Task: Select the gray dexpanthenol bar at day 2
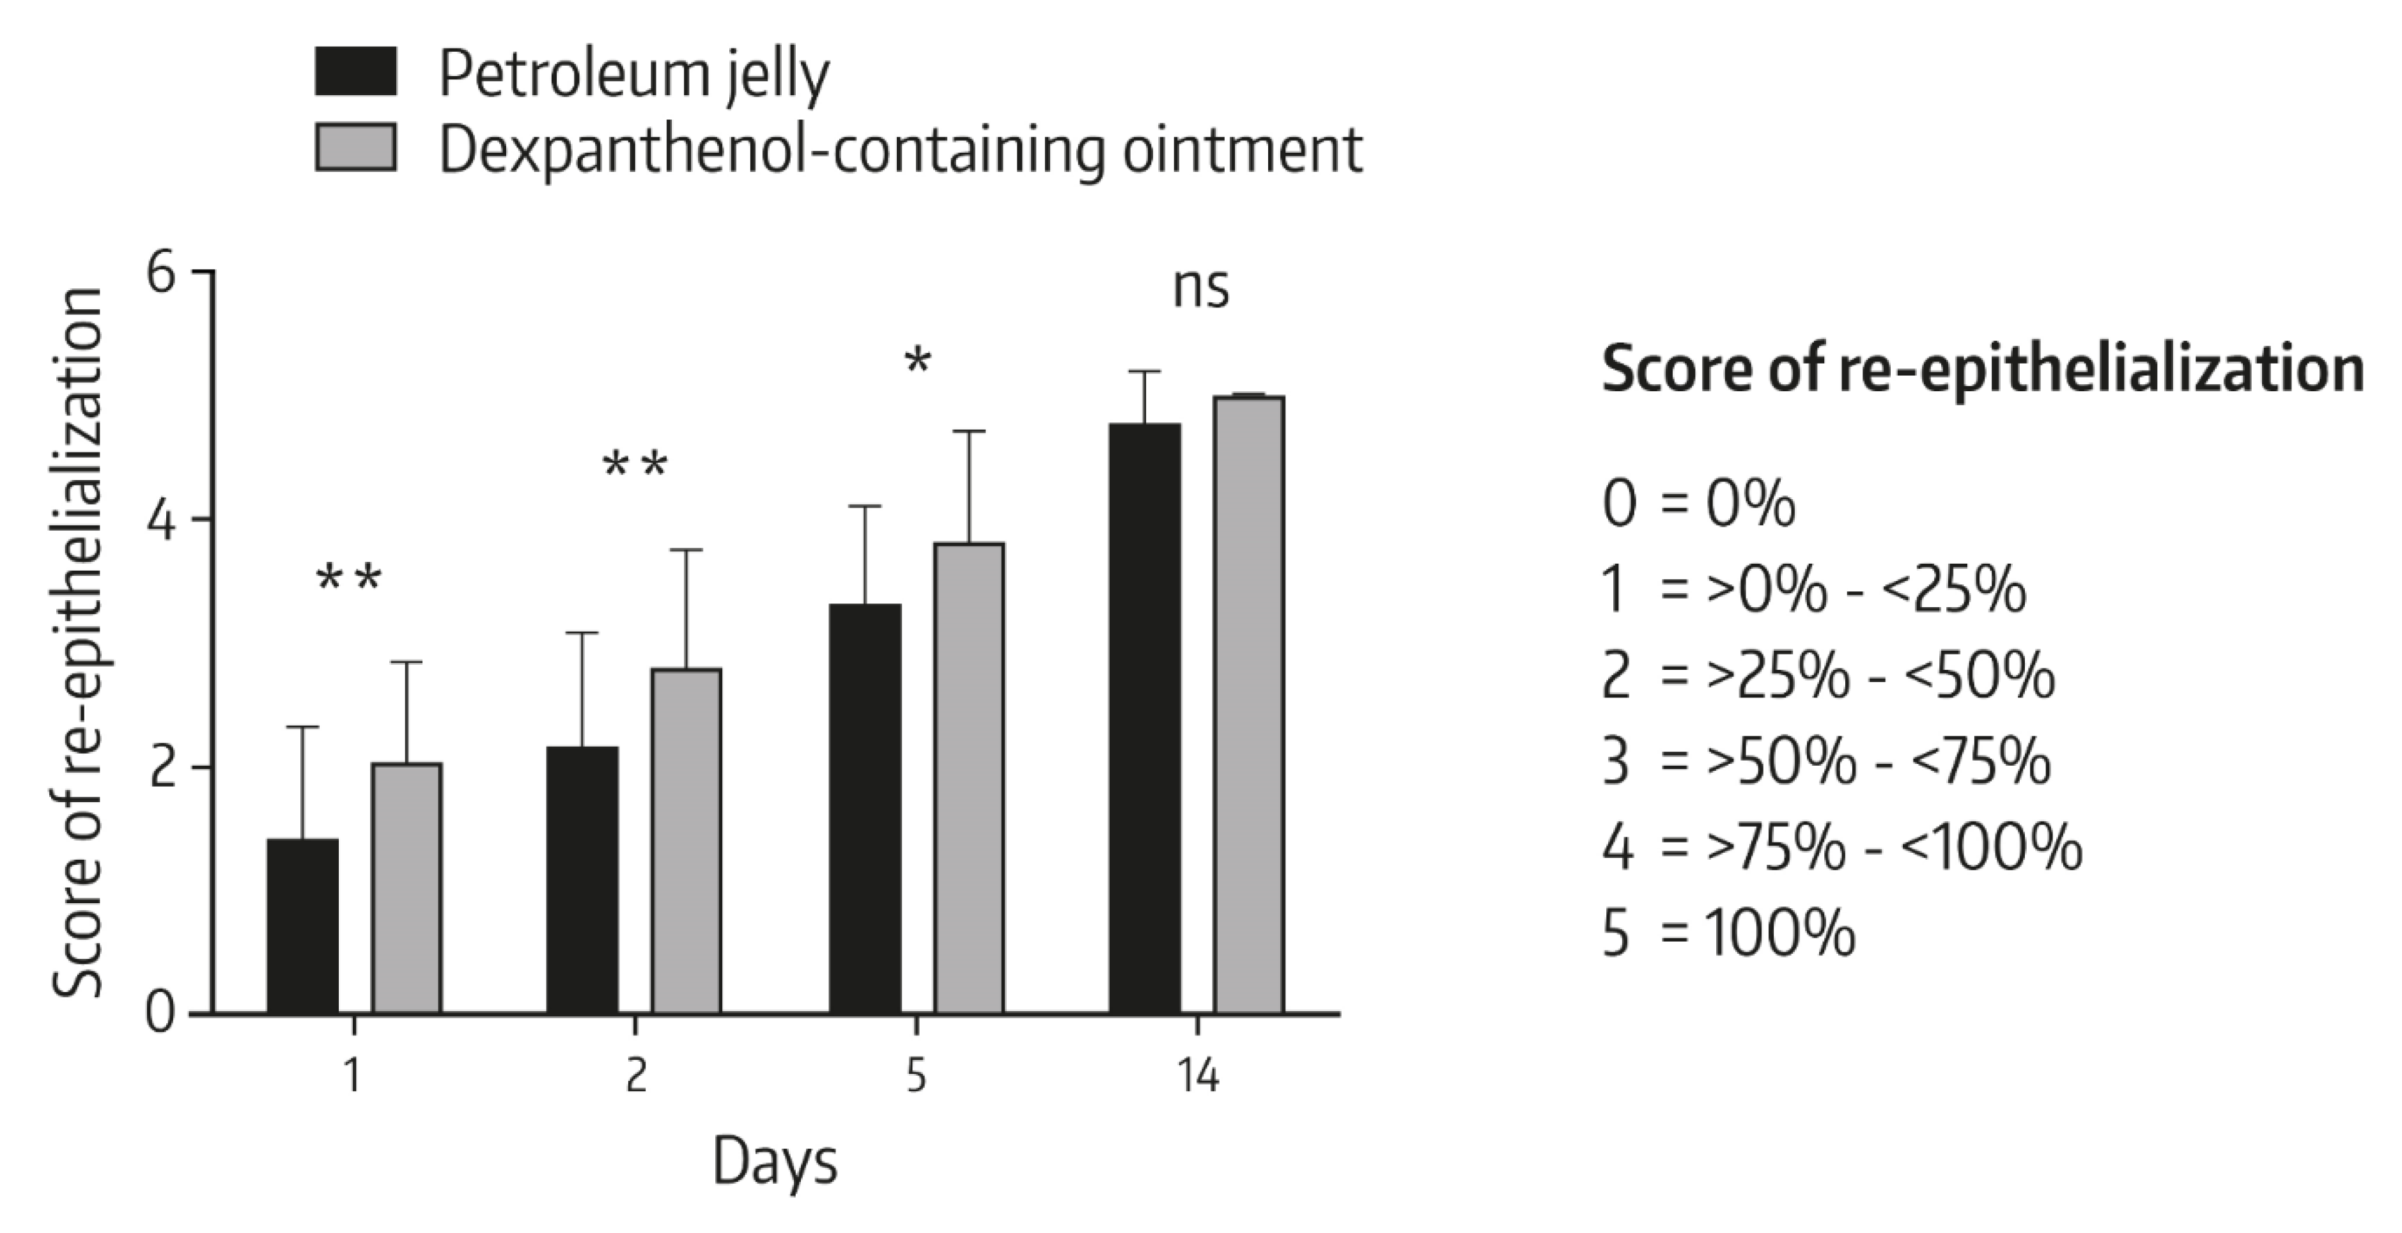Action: coord(686,841)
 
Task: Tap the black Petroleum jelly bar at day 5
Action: coord(865,809)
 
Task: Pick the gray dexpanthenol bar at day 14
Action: coord(1248,704)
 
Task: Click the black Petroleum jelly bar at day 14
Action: coord(1144,718)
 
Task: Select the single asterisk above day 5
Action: coord(918,362)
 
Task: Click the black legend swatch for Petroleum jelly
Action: coord(355,72)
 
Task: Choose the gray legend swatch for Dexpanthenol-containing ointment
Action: coord(355,148)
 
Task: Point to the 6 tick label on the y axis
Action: coord(161,274)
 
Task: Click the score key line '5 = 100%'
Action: coord(1728,933)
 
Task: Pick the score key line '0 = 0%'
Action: coord(1698,504)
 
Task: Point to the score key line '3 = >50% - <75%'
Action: coord(1825,762)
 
